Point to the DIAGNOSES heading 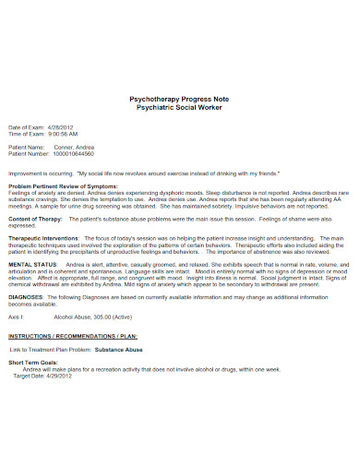point(25,296)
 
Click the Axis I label point(16,316)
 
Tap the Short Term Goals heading point(32,363)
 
